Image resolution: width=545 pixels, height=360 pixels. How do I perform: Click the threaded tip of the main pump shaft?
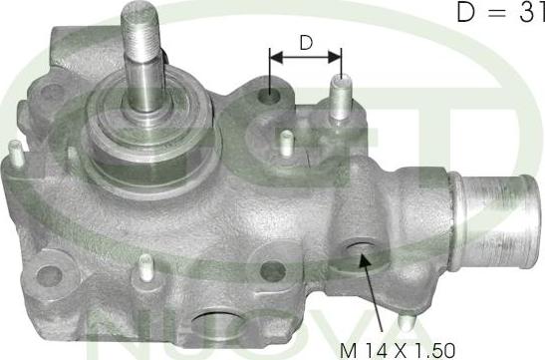point(139,30)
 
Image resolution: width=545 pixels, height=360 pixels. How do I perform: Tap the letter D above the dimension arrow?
point(306,43)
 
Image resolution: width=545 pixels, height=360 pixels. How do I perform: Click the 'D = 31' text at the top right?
point(500,13)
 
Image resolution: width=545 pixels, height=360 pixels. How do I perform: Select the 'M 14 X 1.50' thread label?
point(398,350)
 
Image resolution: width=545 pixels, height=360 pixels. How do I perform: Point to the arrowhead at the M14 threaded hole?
point(364,261)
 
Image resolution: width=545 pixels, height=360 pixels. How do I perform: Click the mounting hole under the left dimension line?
point(269,96)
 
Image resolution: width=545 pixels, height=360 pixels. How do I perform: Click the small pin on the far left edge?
point(16,152)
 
